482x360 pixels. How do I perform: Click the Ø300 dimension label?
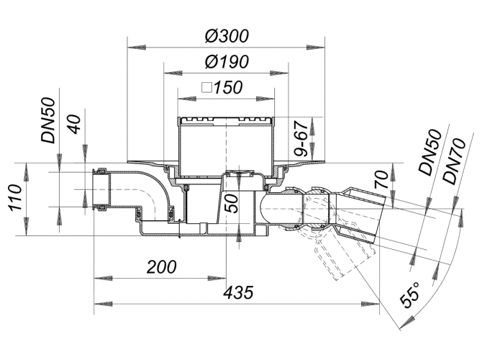228,35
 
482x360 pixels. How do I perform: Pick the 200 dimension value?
161,267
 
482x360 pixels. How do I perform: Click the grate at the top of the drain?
224,120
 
